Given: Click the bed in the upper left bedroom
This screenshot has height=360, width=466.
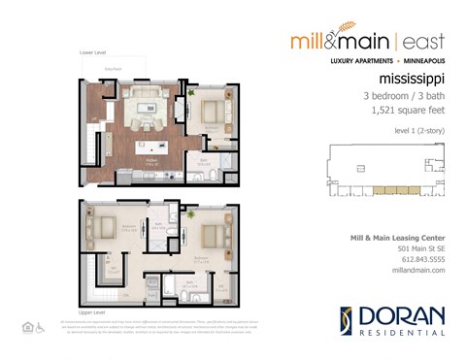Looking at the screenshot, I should tap(102, 228).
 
